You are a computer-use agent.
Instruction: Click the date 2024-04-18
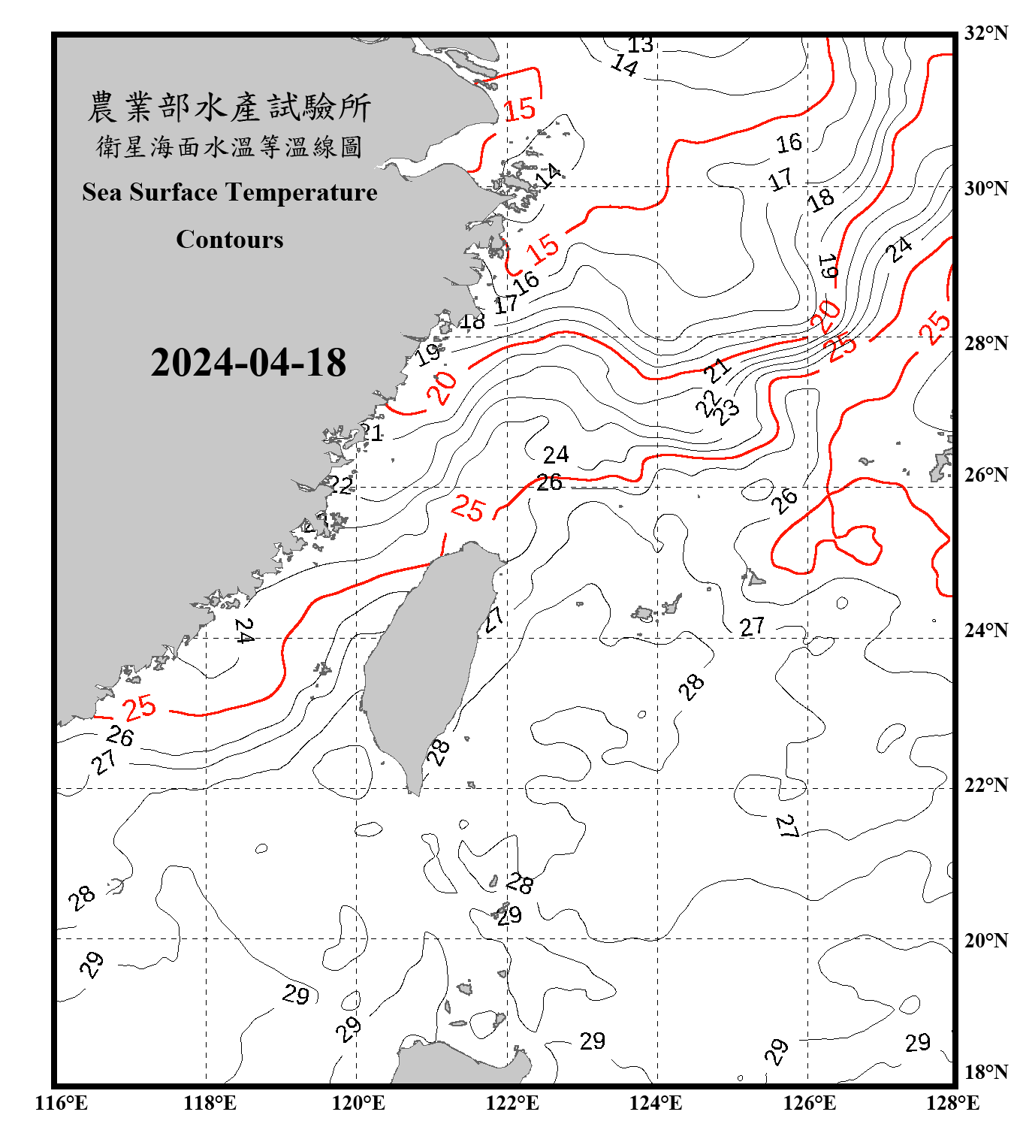pyautogui.click(x=248, y=363)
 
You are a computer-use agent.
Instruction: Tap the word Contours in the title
pyautogui.click(x=230, y=240)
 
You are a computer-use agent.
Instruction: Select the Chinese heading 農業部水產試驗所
pyautogui.click(x=229, y=107)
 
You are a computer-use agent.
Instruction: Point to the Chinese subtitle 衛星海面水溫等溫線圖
pyautogui.click(x=229, y=147)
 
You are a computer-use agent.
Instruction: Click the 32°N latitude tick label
pyautogui.click(x=985, y=33)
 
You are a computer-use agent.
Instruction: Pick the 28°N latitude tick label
pyautogui.click(x=985, y=343)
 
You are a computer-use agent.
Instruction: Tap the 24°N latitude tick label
pyautogui.click(x=985, y=630)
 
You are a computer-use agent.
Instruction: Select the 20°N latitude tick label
pyautogui.click(x=985, y=940)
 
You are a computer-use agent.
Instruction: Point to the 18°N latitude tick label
pyautogui.click(x=985, y=1072)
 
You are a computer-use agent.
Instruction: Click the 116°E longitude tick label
pyautogui.click(x=62, y=1103)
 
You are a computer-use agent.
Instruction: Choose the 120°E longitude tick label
pyautogui.click(x=358, y=1103)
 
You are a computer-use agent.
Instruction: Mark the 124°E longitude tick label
pyautogui.click(x=656, y=1103)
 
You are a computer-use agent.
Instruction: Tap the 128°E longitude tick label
pyautogui.click(x=952, y=1103)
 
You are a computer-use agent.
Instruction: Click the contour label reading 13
pyautogui.click(x=640, y=45)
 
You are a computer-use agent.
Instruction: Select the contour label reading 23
pyautogui.click(x=726, y=412)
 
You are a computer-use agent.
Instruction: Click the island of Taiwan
pyautogui.click(x=424, y=661)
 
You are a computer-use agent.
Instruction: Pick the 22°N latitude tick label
pyautogui.click(x=985, y=785)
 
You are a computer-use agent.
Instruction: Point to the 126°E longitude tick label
pyautogui.click(x=809, y=1103)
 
